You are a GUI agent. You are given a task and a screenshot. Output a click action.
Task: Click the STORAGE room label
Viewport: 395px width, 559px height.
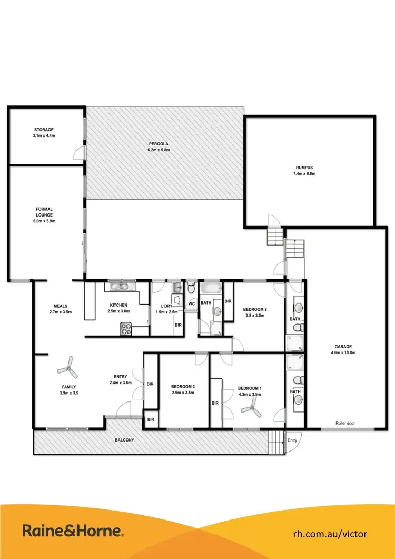tap(44, 129)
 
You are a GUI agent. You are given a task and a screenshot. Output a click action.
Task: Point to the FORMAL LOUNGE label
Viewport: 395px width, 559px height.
tap(44, 212)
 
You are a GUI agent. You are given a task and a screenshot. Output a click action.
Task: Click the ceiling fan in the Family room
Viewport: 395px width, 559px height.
tap(67, 366)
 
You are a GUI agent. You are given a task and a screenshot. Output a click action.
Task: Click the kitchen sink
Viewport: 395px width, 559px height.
tap(121, 287)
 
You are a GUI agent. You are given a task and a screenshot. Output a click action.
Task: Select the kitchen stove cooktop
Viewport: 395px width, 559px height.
tap(127, 329)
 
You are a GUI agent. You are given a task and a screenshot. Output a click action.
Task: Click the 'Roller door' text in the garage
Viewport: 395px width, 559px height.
tap(345, 423)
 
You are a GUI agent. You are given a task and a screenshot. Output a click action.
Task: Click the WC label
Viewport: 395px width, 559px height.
tap(191, 303)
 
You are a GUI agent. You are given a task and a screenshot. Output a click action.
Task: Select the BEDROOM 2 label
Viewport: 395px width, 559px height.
tap(256, 309)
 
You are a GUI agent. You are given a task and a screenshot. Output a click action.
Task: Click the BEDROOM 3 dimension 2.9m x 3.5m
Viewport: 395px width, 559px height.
tap(183, 393)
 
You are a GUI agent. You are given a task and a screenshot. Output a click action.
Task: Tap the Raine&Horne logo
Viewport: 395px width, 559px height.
tap(73, 530)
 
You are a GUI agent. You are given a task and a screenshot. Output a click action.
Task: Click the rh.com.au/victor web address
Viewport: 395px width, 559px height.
tap(330, 533)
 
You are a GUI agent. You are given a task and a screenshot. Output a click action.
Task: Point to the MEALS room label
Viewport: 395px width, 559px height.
tap(60, 306)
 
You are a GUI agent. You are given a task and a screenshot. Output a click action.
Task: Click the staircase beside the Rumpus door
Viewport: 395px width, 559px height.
tap(275, 237)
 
